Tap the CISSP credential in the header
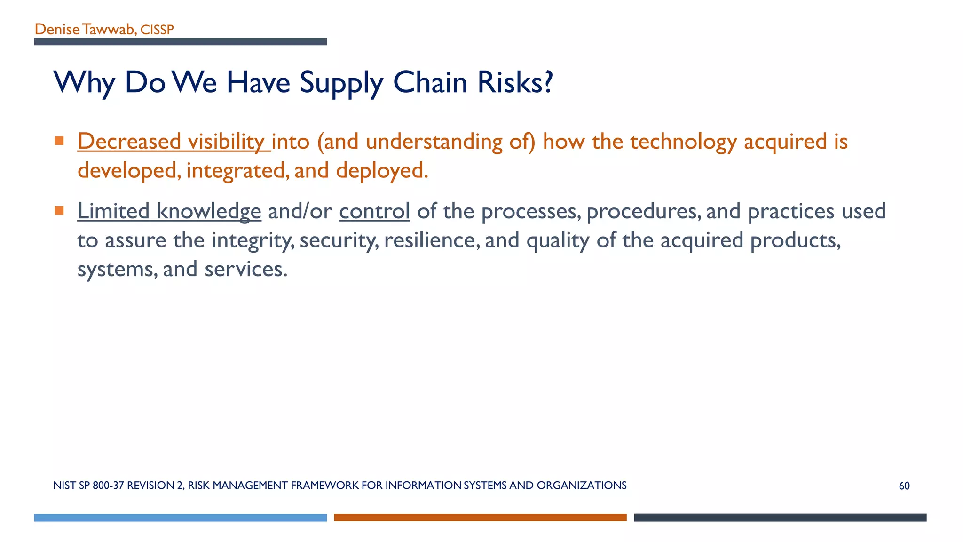coord(157,30)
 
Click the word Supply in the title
coord(342,83)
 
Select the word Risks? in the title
coord(515,82)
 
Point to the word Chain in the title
coord(430,82)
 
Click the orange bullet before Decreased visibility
coord(59,141)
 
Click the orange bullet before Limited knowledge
coord(59,210)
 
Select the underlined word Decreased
coord(129,141)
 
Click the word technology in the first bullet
coord(683,142)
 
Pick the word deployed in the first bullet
coord(381,170)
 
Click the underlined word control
coord(374,211)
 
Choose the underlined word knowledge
coord(209,211)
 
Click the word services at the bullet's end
coord(245,269)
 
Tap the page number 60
coord(904,486)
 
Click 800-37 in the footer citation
coord(109,486)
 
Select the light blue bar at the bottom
coord(180,518)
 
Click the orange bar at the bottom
coord(480,518)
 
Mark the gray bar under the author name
coord(180,42)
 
